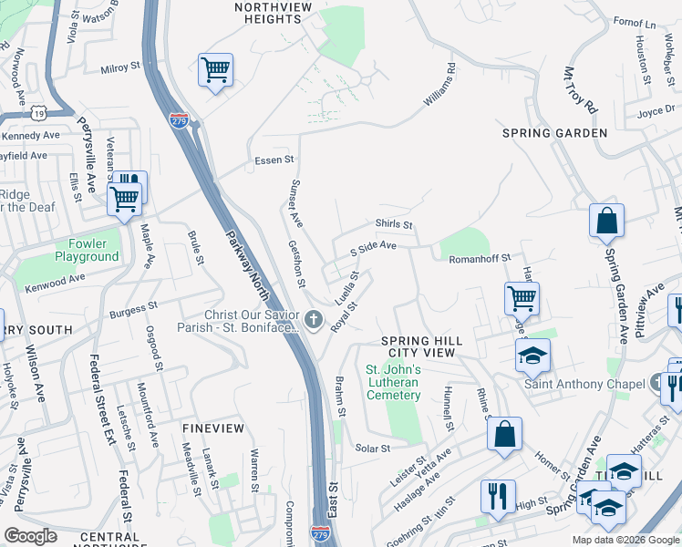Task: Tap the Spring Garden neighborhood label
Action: tap(554, 133)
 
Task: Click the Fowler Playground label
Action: tap(93, 250)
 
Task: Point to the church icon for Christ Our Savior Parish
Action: tap(314, 319)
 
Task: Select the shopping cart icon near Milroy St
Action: tap(215, 69)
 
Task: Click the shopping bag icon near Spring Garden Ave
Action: tap(606, 221)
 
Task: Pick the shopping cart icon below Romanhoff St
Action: tap(522, 297)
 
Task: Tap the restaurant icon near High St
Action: tap(498, 495)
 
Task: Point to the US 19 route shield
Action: tap(37, 112)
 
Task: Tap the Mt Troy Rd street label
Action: tap(580, 89)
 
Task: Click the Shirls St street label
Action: tap(394, 224)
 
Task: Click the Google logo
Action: tap(30, 535)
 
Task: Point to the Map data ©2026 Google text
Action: tap(625, 540)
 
